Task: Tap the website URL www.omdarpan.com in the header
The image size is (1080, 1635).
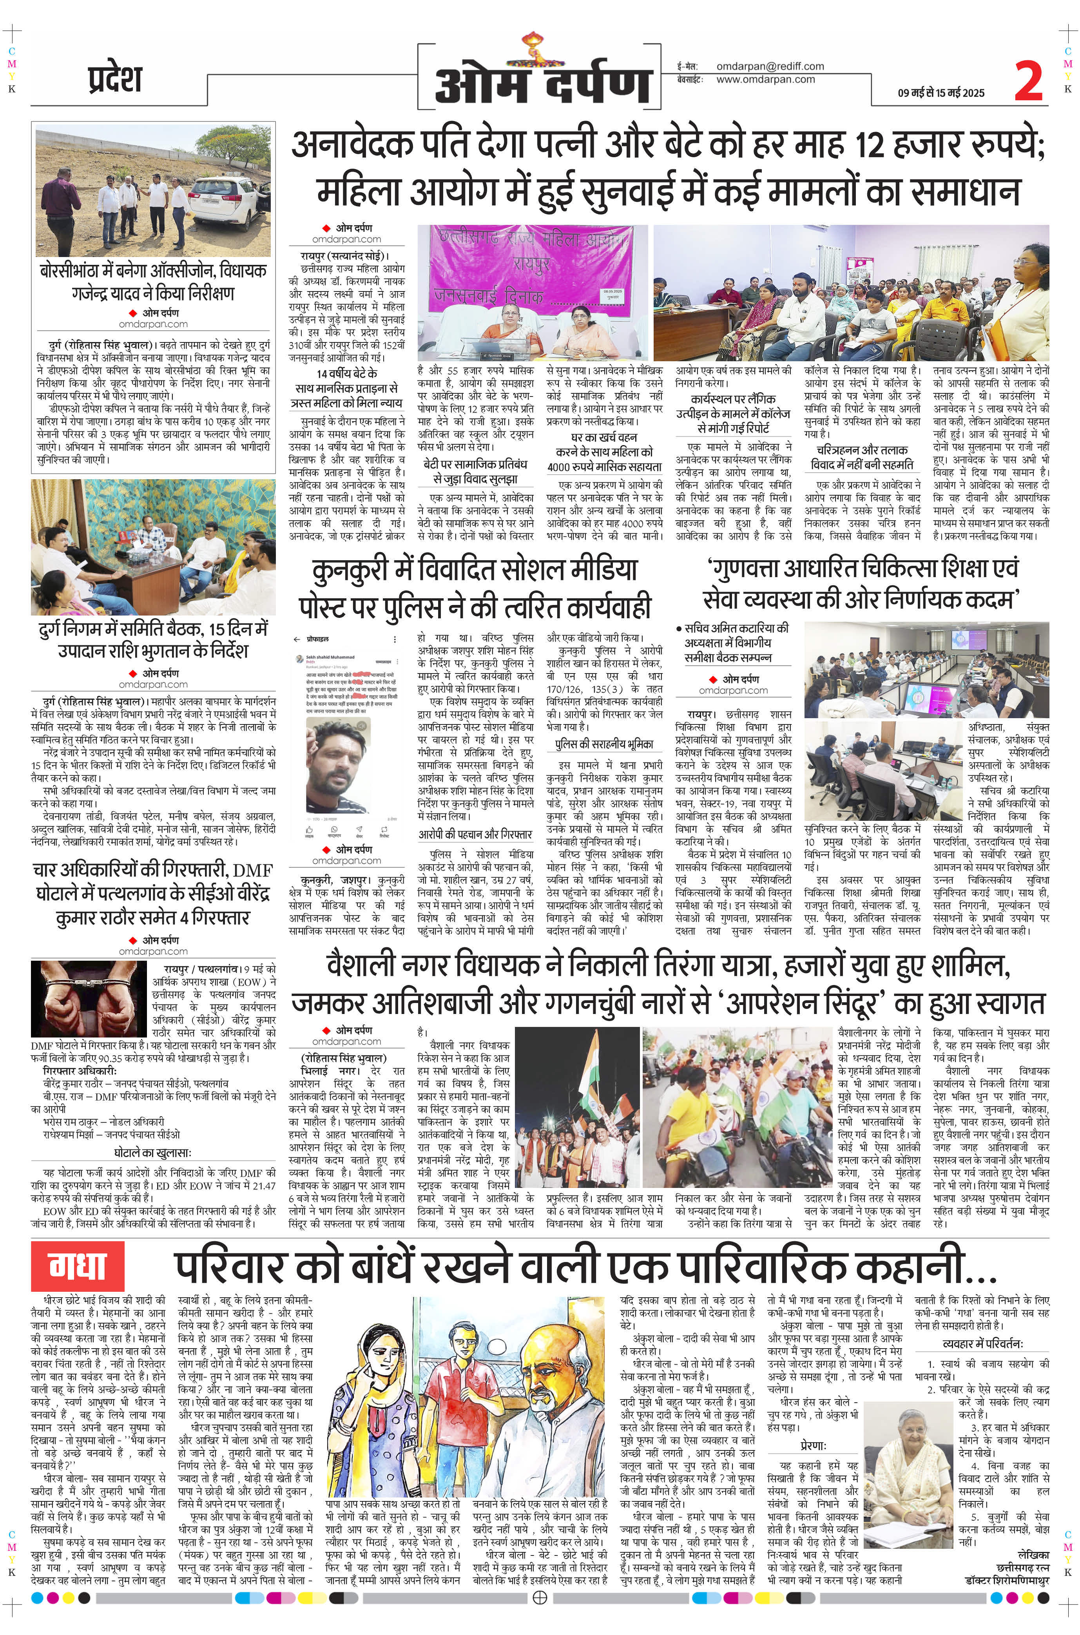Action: coord(765,79)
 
